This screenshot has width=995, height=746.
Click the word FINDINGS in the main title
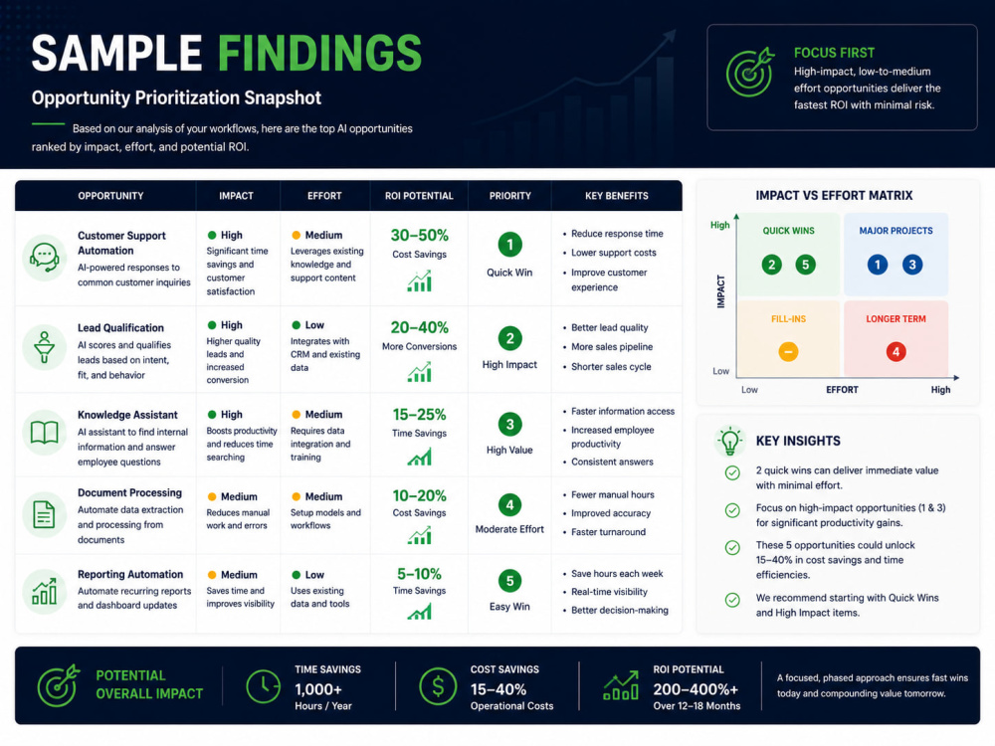point(319,53)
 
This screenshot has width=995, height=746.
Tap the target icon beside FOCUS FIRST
point(750,72)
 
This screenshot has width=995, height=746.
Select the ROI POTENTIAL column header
point(419,196)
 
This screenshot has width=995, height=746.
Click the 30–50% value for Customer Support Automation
point(420,236)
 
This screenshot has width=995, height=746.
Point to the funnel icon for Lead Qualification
point(44,347)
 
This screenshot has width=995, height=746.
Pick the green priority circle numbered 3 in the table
point(509,425)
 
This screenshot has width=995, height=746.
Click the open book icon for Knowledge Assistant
point(44,433)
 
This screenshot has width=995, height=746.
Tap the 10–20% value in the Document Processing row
point(420,495)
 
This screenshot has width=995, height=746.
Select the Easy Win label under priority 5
point(509,607)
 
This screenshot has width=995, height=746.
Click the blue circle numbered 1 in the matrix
point(878,265)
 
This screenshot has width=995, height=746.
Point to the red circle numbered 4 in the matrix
point(896,351)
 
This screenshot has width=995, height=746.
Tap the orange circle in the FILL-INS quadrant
point(788,351)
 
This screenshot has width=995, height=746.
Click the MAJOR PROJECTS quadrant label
point(896,231)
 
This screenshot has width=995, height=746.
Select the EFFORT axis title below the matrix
point(842,390)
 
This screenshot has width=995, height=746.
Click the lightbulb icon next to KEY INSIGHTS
point(729,441)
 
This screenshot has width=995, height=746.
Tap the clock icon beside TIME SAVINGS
point(263,685)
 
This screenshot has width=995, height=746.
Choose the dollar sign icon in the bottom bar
point(438,685)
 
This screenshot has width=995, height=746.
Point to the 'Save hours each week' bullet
point(616,574)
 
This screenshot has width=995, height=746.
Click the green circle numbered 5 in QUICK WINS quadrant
point(805,265)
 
